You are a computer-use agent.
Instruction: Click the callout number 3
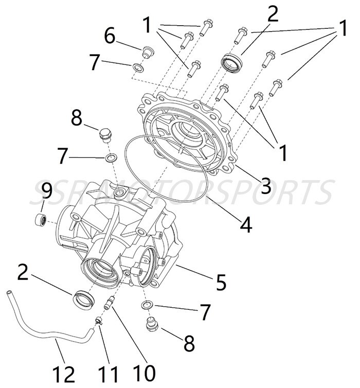pos(265,185)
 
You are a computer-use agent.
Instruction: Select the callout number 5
pos(222,281)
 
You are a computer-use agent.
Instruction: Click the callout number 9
pos(47,191)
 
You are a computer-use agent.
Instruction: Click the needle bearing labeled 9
pos(42,219)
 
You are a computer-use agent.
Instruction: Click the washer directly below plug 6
pos(138,67)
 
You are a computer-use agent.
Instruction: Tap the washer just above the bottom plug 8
pos(148,307)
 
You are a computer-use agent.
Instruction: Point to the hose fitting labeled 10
pos(109,305)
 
